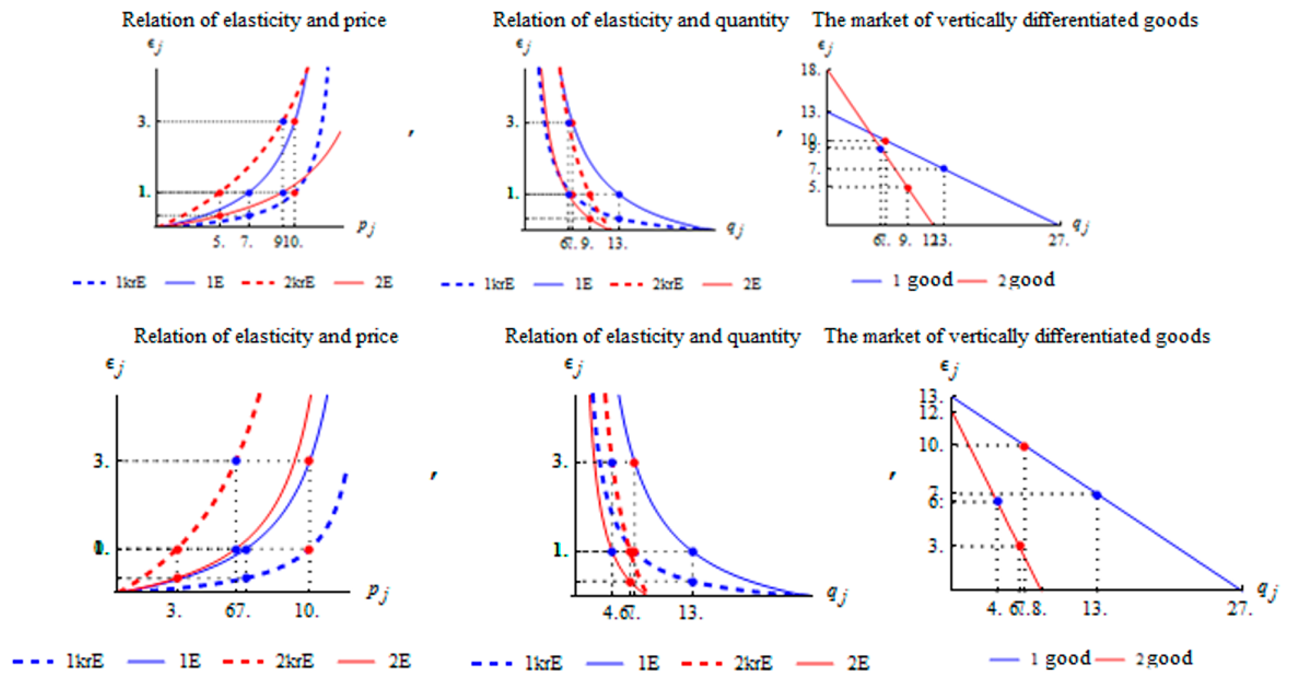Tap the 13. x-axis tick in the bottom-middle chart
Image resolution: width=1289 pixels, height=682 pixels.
tap(690, 611)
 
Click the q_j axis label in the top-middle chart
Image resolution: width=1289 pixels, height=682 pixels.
tap(734, 229)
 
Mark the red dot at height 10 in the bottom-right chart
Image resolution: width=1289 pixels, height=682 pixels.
tap(1024, 446)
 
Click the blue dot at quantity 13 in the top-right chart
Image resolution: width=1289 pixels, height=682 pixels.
tap(944, 169)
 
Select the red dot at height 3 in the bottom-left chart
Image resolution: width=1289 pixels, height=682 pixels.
tap(309, 461)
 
